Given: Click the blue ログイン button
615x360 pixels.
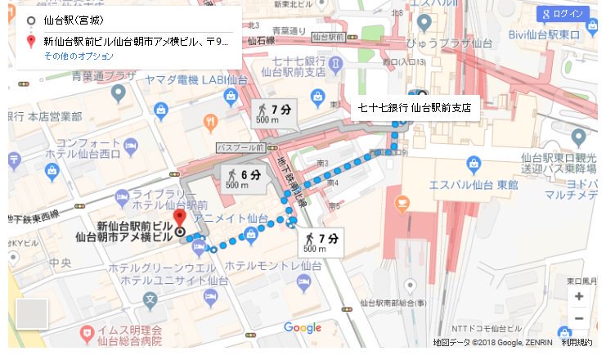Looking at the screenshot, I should pyautogui.click(x=563, y=15).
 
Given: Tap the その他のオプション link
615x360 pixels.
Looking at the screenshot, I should pyautogui.click(x=79, y=56).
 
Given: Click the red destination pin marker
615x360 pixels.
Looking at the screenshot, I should pyautogui.click(x=180, y=219).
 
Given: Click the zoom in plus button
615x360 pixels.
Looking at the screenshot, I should pyautogui.click(x=579, y=296).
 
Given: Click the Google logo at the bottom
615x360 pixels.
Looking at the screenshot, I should pyautogui.click(x=303, y=328).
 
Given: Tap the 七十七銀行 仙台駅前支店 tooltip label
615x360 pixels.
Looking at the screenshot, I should pyautogui.click(x=415, y=107).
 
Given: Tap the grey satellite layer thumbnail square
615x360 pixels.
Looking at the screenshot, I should pyautogui.click(x=32, y=313).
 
